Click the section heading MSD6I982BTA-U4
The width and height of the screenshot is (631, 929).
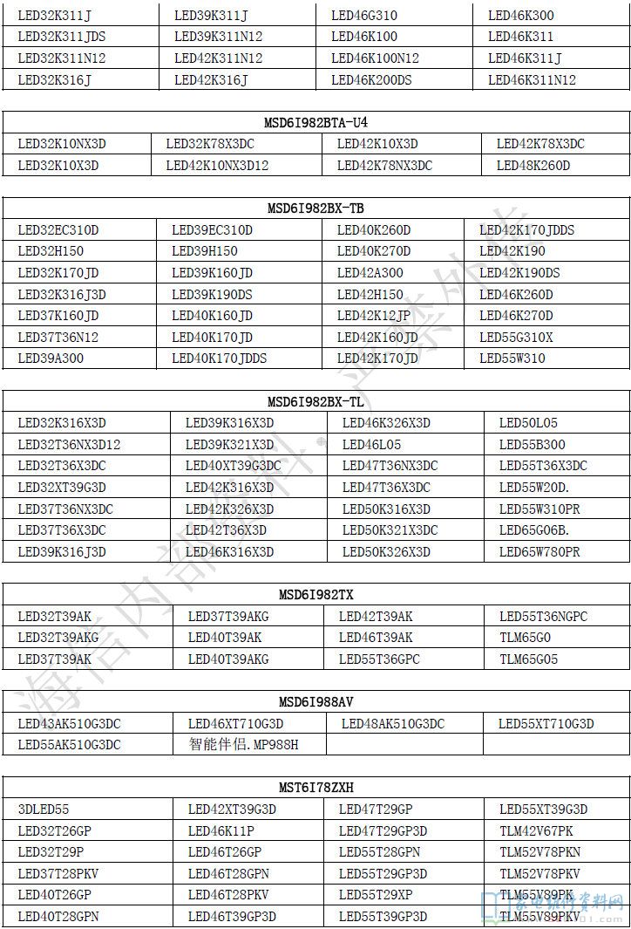[315, 123]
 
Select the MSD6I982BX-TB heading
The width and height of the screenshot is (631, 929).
[315, 208]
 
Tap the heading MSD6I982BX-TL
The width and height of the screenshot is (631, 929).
[315, 401]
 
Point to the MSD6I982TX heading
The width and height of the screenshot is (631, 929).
[315, 595]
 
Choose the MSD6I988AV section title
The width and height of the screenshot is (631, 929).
[315, 701]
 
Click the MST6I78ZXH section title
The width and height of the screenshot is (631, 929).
[315, 787]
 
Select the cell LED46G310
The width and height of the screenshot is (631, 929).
[364, 16]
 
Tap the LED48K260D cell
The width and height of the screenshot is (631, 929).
[533, 166]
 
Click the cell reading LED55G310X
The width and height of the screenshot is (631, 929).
[516, 338]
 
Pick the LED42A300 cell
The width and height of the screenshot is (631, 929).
[370, 273]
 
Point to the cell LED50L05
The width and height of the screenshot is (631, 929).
[528, 423]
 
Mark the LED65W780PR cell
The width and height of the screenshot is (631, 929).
[539, 552]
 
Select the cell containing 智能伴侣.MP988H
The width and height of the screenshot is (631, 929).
[243, 745]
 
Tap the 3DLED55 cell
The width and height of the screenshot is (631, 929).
[44, 809]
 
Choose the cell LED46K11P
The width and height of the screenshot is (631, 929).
[221, 831]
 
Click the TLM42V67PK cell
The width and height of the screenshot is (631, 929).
[536, 831]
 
